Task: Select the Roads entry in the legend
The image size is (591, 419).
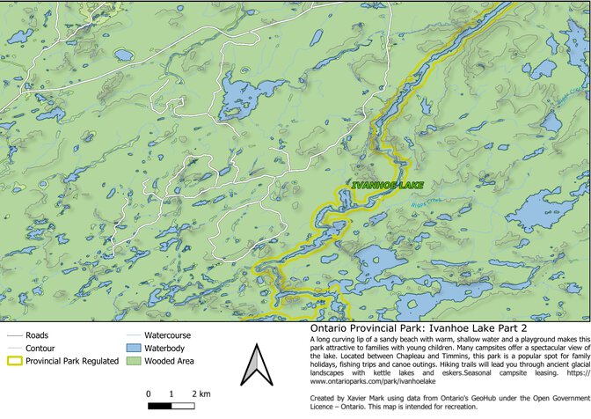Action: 37,335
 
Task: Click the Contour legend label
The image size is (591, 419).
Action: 41,348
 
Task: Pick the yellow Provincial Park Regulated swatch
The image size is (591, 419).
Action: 13,361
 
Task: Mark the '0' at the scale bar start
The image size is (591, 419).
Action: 150,393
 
